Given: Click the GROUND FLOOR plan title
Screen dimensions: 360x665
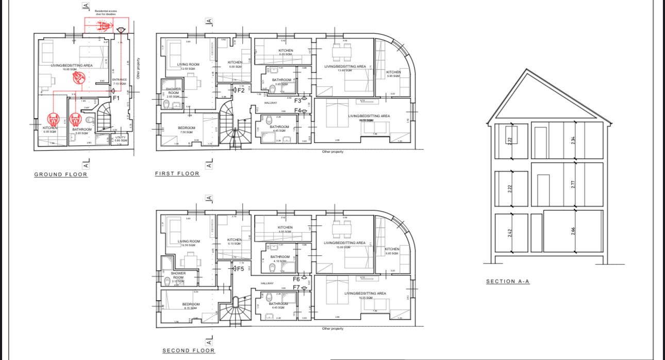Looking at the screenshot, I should point(61,174).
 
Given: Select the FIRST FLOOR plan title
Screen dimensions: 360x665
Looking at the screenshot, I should point(177,174).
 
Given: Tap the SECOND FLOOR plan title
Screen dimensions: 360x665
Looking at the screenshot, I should point(189,351).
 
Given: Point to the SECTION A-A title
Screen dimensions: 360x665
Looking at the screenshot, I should point(508,282).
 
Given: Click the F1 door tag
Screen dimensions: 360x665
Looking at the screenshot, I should point(116,97).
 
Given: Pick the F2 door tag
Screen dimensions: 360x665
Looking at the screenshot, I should point(240,90).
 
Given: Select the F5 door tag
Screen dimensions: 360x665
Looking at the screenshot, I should point(240,269).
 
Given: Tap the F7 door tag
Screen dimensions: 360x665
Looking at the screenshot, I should point(296,287).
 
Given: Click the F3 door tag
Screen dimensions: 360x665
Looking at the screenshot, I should point(297,101).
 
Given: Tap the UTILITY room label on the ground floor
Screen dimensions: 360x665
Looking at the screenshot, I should point(121,138).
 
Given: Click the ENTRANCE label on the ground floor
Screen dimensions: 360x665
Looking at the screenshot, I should point(119,80).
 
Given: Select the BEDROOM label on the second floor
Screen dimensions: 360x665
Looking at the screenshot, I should point(191,304).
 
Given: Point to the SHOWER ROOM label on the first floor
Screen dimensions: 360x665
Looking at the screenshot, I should point(173,91).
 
